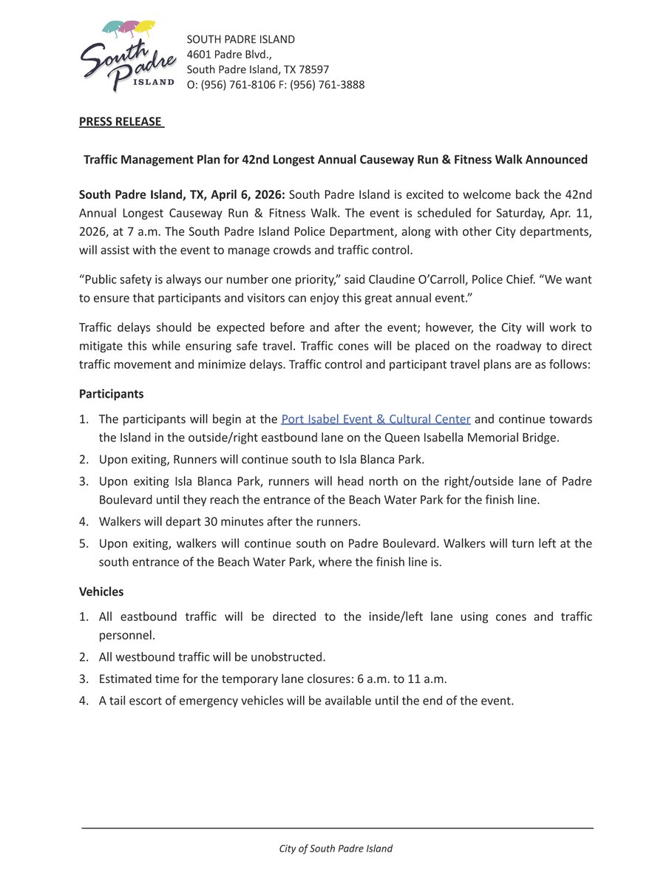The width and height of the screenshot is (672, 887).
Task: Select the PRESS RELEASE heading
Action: (x=121, y=122)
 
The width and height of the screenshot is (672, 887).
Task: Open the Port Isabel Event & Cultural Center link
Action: (x=376, y=419)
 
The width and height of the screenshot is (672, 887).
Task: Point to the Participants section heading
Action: (x=111, y=394)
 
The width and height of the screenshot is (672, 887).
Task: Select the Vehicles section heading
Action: (x=101, y=591)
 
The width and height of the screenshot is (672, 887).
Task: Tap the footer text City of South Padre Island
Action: (x=336, y=849)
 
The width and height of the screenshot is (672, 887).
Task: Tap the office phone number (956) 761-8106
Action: (x=238, y=85)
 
